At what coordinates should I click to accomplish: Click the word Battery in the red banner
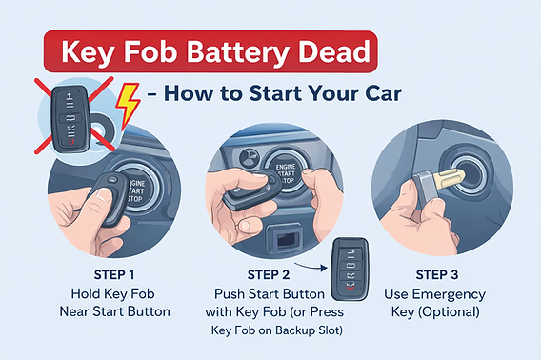click(x=238, y=51)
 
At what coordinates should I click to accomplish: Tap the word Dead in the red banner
click(x=334, y=51)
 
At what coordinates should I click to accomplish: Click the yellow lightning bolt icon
click(x=128, y=104)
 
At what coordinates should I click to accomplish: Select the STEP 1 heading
click(x=114, y=274)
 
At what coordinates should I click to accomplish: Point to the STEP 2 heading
click(x=269, y=274)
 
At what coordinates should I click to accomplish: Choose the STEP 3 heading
click(x=437, y=274)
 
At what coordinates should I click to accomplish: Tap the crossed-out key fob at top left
click(x=71, y=118)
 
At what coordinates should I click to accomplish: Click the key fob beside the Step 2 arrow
click(x=351, y=269)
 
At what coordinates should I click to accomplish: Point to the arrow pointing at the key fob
click(x=311, y=267)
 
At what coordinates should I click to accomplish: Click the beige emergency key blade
click(x=448, y=179)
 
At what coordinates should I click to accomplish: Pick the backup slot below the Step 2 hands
click(x=285, y=237)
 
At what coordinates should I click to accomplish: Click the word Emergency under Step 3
click(x=449, y=295)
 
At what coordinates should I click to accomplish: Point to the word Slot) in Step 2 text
click(x=331, y=330)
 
